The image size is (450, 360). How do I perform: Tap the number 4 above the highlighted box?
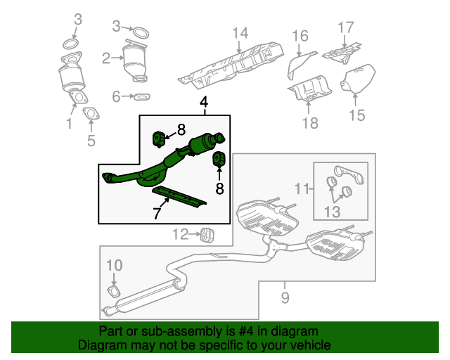click(204, 103)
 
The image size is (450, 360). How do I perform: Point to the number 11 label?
click(302, 188)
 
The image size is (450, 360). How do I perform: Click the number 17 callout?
click(345, 27)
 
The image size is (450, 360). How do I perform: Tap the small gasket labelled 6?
click(141, 96)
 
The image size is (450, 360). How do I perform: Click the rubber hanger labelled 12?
click(207, 233)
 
